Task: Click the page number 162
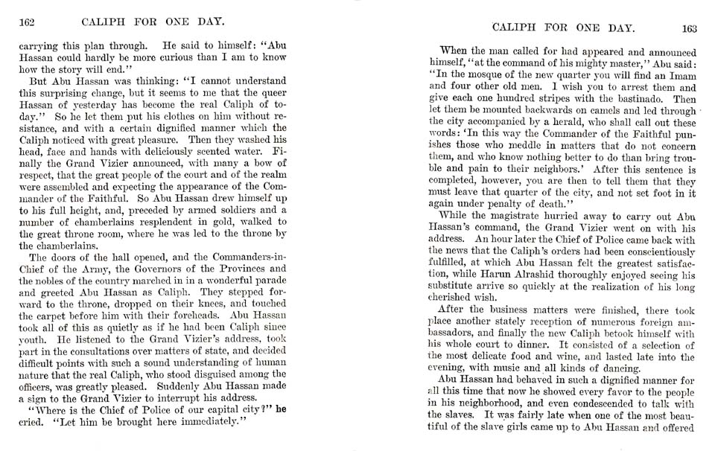pyautogui.click(x=27, y=21)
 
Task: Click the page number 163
pyautogui.click(x=687, y=28)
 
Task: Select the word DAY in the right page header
pyautogui.click(x=620, y=28)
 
